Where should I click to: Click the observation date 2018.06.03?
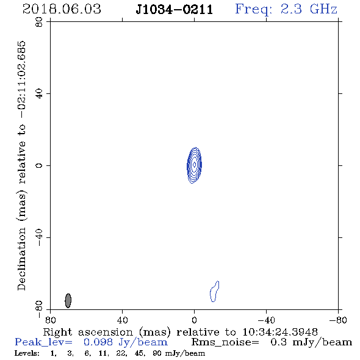point(62,9)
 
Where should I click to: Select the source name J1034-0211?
point(175,10)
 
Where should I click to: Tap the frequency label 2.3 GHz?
point(309,9)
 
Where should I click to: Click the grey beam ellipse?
point(68,301)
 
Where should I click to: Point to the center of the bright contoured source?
point(194,165)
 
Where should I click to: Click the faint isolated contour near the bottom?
point(214,291)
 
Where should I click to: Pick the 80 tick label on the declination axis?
point(39,22)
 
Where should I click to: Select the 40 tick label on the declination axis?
point(39,94)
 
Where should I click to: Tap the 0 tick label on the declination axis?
point(39,165)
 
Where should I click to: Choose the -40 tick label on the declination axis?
point(39,237)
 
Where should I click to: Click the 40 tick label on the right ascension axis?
point(123,320)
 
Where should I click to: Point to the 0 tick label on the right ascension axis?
point(194,320)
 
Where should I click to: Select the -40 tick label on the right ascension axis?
point(266,320)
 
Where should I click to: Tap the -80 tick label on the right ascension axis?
point(338,320)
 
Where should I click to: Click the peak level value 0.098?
point(98,342)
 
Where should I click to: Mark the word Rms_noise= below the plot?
point(225,342)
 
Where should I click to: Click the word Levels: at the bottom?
point(27,353)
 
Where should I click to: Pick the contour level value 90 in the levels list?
point(157,353)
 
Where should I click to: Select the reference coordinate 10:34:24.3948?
point(280,332)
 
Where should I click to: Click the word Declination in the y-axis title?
point(21,259)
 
